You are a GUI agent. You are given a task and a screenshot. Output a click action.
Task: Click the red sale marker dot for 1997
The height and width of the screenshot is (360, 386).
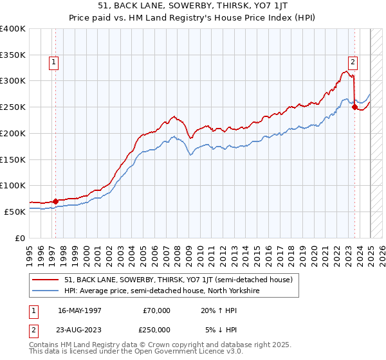(55, 201)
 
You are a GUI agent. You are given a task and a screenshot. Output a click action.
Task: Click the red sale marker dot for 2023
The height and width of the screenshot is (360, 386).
(354, 107)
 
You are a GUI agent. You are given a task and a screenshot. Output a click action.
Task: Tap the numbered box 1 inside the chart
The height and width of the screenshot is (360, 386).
(53, 62)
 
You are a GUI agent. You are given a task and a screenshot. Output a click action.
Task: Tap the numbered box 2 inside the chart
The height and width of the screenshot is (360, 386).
(353, 62)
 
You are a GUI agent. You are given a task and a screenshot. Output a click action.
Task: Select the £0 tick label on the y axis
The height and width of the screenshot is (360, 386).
(21, 238)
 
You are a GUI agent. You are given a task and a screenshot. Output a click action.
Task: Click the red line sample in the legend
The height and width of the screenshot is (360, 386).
(46, 280)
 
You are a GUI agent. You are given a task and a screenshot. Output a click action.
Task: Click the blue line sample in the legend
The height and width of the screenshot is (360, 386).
(46, 291)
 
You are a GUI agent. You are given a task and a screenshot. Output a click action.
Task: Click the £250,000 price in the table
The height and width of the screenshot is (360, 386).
(156, 330)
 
